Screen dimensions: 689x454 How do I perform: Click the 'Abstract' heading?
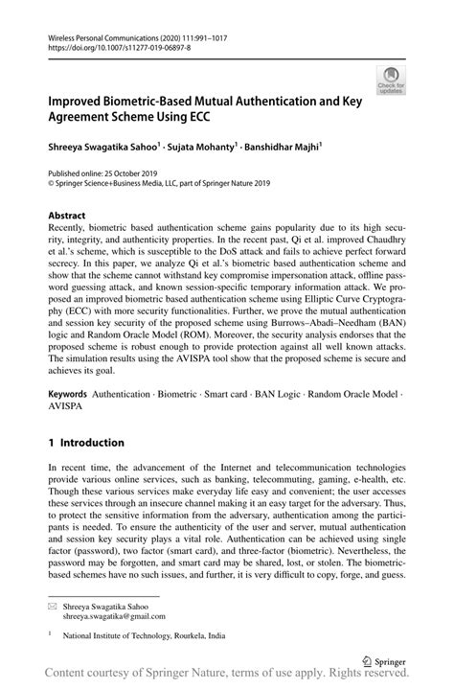click(x=66, y=216)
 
